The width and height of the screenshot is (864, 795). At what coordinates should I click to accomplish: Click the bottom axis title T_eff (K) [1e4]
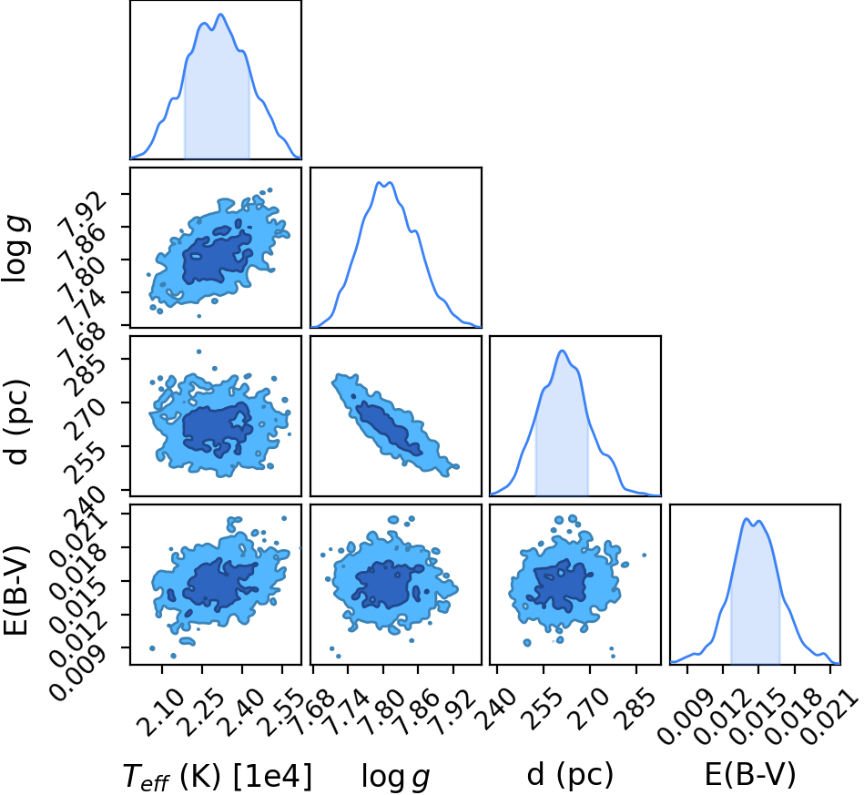point(217,777)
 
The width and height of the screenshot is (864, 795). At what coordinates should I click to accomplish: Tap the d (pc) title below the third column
point(570,775)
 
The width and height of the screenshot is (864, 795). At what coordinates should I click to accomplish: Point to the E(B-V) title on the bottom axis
point(750,775)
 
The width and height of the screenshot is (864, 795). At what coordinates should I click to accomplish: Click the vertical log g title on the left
point(15,250)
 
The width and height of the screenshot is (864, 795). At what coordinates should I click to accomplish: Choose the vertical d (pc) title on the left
point(15,422)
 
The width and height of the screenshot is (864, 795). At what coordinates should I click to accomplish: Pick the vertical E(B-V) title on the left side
point(15,590)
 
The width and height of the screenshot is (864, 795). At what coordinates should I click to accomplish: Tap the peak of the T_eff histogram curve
point(221,15)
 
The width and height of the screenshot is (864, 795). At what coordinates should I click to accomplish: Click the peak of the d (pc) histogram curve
point(562,351)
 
